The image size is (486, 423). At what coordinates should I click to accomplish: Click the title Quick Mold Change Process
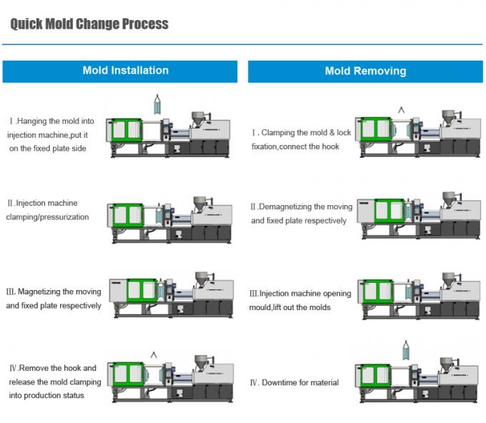tap(89, 24)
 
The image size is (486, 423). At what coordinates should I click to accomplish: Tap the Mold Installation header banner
tap(125, 71)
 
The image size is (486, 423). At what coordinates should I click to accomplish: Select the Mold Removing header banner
tap(365, 71)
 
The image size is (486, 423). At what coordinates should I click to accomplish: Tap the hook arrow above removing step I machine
tap(401, 109)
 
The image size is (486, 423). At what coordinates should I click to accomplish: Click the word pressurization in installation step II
tap(62, 217)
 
